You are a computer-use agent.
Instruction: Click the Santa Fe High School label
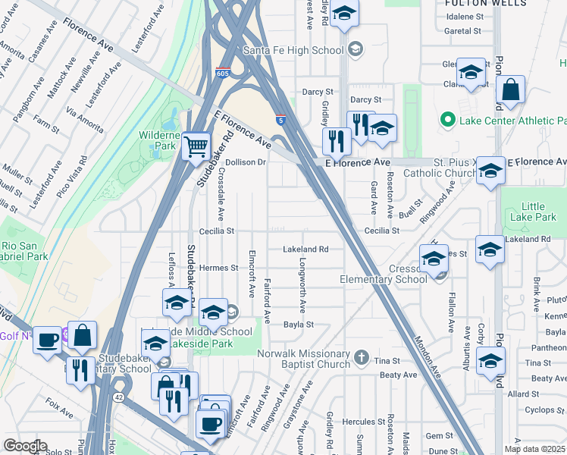tap(294, 50)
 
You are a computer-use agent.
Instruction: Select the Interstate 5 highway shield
tap(281, 120)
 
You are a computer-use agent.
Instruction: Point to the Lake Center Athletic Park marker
tap(447, 121)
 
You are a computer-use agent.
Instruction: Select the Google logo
tap(25, 446)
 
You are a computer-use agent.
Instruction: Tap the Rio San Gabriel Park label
tap(24, 251)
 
